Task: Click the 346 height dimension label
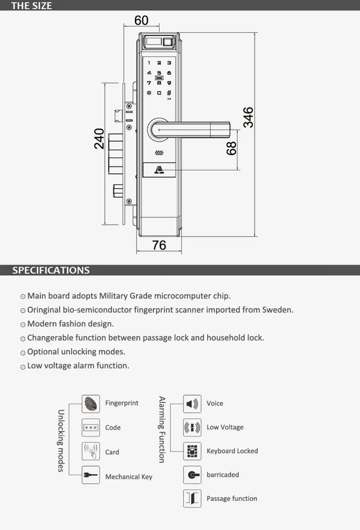248,117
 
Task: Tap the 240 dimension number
99,139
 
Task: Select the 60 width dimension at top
141,21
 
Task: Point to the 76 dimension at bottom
159,245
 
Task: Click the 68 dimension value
231,148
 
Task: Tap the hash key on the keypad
169,93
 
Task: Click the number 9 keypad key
169,83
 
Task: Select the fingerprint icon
91,404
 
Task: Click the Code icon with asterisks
91,428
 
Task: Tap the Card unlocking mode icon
91,452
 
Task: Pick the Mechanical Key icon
91,475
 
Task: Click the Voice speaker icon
192,404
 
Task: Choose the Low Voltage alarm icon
192,427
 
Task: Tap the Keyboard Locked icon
192,451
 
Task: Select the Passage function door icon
192,499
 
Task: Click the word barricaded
222,475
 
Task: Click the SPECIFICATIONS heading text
51,271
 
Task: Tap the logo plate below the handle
159,170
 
